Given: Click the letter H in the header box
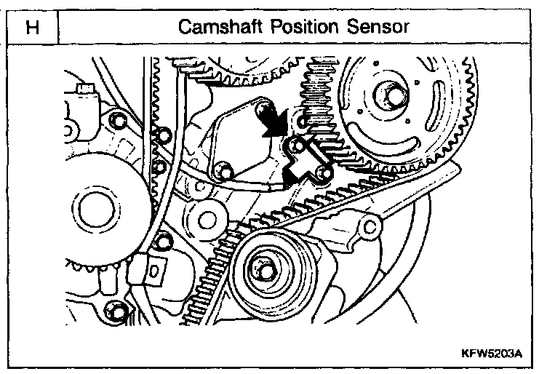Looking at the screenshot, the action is click(31, 27).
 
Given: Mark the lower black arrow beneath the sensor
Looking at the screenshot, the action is click(295, 175).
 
